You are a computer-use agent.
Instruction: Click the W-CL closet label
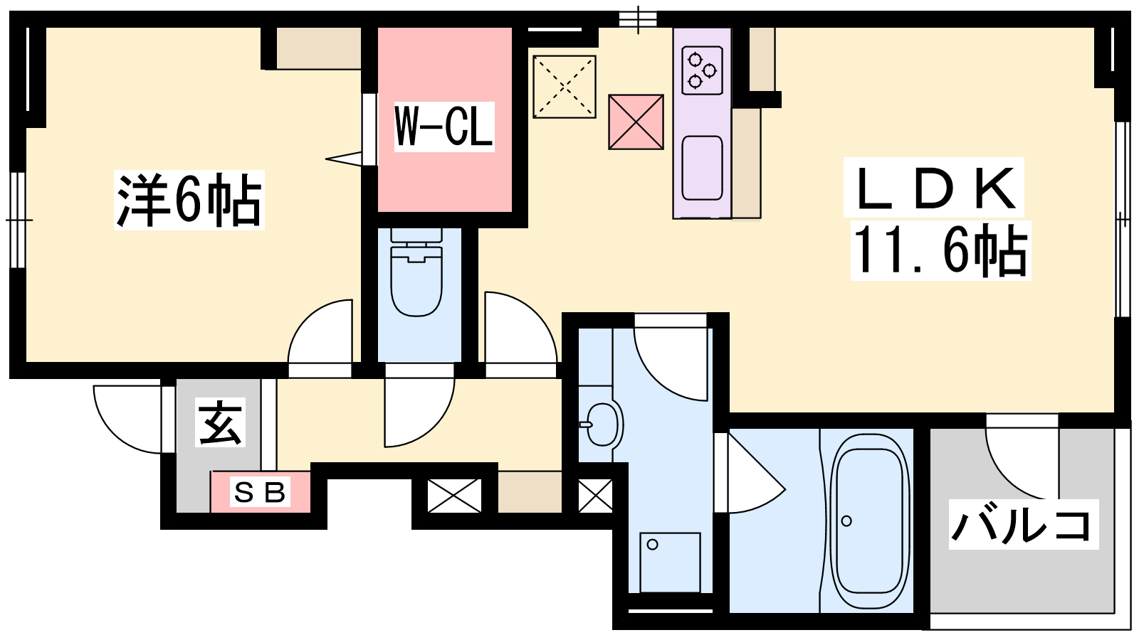tap(444, 127)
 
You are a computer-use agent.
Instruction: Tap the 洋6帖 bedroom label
tap(189, 200)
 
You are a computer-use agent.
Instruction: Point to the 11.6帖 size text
tap(940, 250)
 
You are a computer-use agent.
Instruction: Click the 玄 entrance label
tap(220, 422)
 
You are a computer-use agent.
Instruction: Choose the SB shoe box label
tap(259, 491)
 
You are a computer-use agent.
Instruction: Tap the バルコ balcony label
tap(1022, 524)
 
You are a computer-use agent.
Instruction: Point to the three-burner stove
tap(702, 70)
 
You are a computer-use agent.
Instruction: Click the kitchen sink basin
tap(702, 168)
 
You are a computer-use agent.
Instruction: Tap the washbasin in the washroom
tap(602, 425)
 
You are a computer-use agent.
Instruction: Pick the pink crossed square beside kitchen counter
tap(636, 122)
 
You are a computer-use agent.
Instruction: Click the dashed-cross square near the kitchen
tap(565, 87)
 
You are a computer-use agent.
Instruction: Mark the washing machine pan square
tap(670, 562)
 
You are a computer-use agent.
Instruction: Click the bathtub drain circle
tap(846, 521)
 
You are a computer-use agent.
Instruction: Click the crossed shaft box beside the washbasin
tap(595, 495)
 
